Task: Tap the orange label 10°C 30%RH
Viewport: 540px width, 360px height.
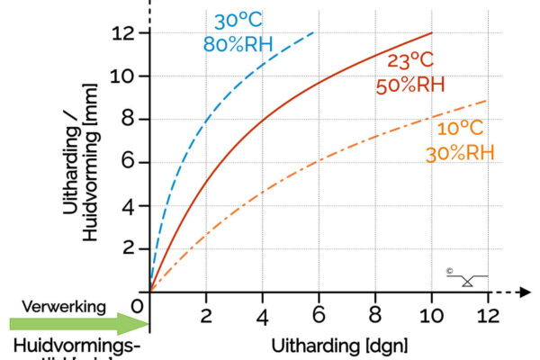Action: (462, 139)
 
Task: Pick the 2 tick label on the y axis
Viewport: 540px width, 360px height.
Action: (128, 248)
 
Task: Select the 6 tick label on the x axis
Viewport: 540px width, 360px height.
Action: (319, 317)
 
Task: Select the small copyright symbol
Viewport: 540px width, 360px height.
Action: (448, 270)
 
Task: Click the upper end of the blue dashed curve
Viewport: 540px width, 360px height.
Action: (315, 32)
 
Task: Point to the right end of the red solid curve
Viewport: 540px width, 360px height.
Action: (432, 33)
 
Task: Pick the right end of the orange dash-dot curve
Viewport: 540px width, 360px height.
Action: (487, 101)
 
